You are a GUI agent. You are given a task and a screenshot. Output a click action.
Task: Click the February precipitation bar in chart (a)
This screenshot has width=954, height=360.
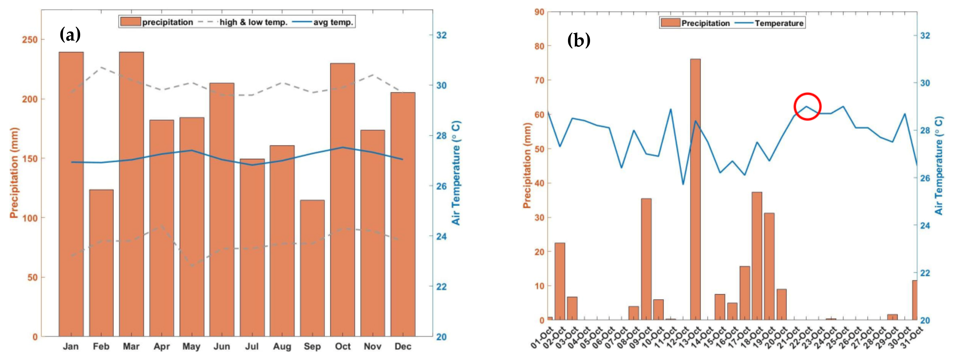(101, 263)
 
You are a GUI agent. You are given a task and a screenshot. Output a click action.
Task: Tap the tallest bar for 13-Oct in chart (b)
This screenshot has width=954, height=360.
(695, 189)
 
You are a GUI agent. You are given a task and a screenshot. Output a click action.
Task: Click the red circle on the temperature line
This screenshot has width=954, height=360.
(807, 107)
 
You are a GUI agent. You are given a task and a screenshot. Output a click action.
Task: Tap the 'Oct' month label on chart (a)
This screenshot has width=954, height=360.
(343, 347)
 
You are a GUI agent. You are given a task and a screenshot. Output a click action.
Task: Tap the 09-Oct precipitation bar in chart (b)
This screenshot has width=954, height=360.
(646, 259)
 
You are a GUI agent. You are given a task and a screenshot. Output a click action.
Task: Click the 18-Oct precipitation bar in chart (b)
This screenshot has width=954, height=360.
(757, 256)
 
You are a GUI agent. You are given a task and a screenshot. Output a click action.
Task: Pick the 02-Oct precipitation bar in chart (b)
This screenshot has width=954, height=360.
(560, 282)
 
